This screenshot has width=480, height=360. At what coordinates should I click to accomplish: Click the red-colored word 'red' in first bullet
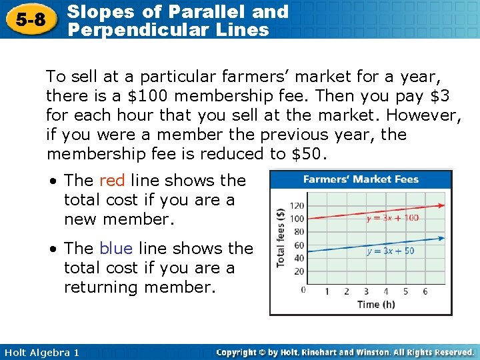click(x=112, y=180)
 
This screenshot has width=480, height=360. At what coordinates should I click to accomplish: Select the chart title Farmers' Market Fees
click(x=360, y=179)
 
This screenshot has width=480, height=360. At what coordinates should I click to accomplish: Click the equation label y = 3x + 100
click(x=392, y=218)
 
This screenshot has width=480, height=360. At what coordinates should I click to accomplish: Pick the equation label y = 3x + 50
click(x=390, y=251)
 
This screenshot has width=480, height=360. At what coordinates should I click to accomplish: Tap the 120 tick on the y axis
click(x=297, y=205)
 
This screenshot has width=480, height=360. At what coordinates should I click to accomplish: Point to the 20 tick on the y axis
click(x=299, y=271)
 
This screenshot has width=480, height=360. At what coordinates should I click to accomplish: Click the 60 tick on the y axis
click(x=299, y=245)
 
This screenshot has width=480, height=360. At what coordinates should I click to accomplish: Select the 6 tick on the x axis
click(x=425, y=291)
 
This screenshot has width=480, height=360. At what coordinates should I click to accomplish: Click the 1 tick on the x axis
click(x=327, y=291)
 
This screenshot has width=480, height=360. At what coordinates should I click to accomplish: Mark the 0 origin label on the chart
click(x=303, y=290)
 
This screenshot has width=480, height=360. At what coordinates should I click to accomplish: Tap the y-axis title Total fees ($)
click(x=281, y=238)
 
